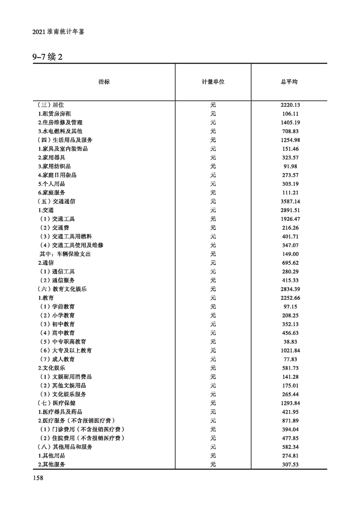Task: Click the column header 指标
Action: (x=104, y=82)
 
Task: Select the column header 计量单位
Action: (x=213, y=82)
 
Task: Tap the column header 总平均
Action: (x=289, y=82)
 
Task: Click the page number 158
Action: (x=38, y=478)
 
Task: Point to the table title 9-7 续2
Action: (x=47, y=57)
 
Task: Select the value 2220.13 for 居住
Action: (x=291, y=105)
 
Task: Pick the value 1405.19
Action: (x=291, y=122)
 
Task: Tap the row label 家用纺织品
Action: (x=54, y=166)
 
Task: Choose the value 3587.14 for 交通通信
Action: (x=291, y=201)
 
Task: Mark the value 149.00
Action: (x=291, y=254)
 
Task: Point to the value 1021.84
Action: (x=291, y=351)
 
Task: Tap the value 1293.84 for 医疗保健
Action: (x=291, y=403)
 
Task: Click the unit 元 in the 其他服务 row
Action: (x=213, y=465)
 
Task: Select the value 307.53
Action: (x=291, y=465)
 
